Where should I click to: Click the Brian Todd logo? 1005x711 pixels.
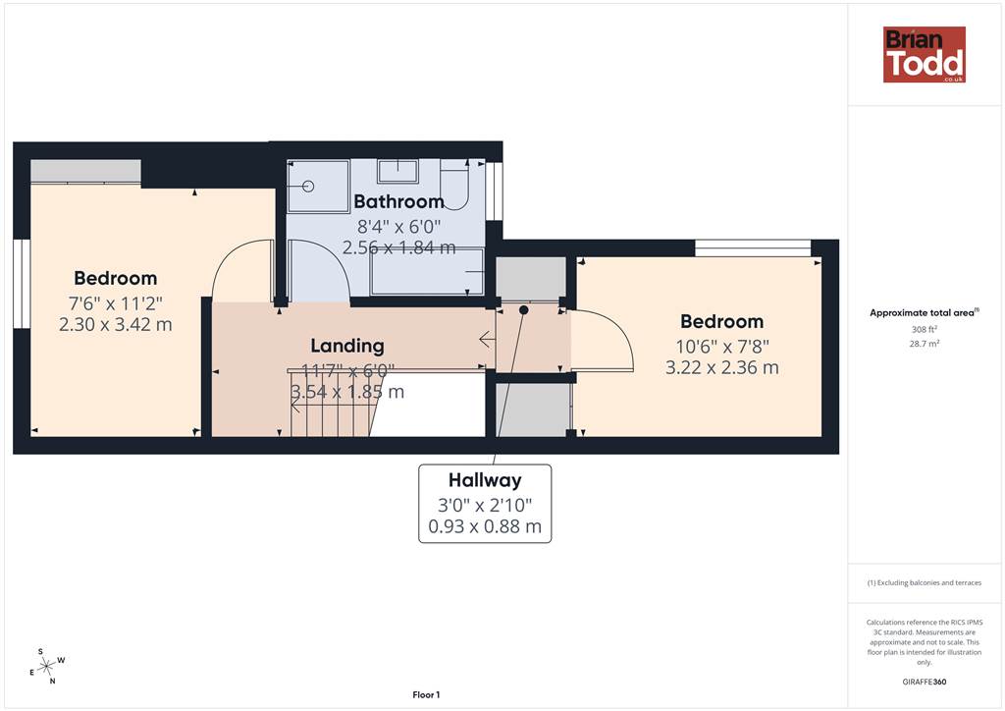(x=924, y=54)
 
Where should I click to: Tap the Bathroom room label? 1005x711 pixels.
(x=398, y=201)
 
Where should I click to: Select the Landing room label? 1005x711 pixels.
(x=347, y=346)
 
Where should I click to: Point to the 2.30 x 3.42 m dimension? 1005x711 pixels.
(x=116, y=324)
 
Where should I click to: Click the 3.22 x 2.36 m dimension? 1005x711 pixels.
(x=721, y=367)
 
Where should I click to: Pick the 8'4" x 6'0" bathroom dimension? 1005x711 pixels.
(x=398, y=226)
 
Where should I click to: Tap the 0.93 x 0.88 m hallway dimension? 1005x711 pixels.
(x=485, y=526)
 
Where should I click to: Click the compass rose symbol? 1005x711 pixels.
(x=46, y=667)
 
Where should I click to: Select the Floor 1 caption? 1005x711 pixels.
(x=426, y=695)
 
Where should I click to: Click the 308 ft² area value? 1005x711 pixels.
(x=924, y=330)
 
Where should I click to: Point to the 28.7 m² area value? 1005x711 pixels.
(x=924, y=344)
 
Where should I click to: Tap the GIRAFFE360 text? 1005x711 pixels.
(x=924, y=682)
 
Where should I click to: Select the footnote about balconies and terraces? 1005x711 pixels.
(x=925, y=582)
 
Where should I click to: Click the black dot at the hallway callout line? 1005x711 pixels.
(x=524, y=310)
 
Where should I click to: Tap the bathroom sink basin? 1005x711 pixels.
(x=398, y=171)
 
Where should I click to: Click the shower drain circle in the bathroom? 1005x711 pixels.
(x=308, y=187)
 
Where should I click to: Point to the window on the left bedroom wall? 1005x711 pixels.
(x=22, y=284)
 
